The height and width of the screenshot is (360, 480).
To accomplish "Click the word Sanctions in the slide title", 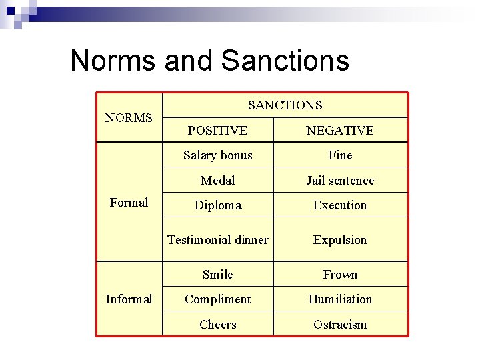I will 285,60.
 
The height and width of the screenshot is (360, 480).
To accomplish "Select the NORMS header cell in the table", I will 129,118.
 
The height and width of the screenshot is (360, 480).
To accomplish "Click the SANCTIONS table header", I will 285,105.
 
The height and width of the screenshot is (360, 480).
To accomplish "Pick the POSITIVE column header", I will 217,131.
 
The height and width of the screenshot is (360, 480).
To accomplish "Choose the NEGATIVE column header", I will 340,131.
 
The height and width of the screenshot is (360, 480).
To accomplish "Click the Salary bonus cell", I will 217,155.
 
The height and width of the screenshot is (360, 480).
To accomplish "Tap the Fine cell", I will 340,155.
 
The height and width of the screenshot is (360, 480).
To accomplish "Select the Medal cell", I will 217,181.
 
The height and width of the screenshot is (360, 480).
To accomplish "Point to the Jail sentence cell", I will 340,181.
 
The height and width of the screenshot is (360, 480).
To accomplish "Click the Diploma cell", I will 217,205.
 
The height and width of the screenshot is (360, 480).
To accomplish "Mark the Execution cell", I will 340,205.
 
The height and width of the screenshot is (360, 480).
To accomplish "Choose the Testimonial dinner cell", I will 217,240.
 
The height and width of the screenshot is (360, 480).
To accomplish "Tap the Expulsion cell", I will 340,240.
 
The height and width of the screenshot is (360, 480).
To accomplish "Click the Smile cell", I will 217,275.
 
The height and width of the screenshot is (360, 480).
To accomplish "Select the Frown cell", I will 340,275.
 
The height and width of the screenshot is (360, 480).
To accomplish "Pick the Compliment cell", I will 217,299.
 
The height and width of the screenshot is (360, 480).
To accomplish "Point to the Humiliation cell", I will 340,299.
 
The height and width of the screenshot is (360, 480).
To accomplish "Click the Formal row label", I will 129,203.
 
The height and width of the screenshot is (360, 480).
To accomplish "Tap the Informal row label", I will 129,299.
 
